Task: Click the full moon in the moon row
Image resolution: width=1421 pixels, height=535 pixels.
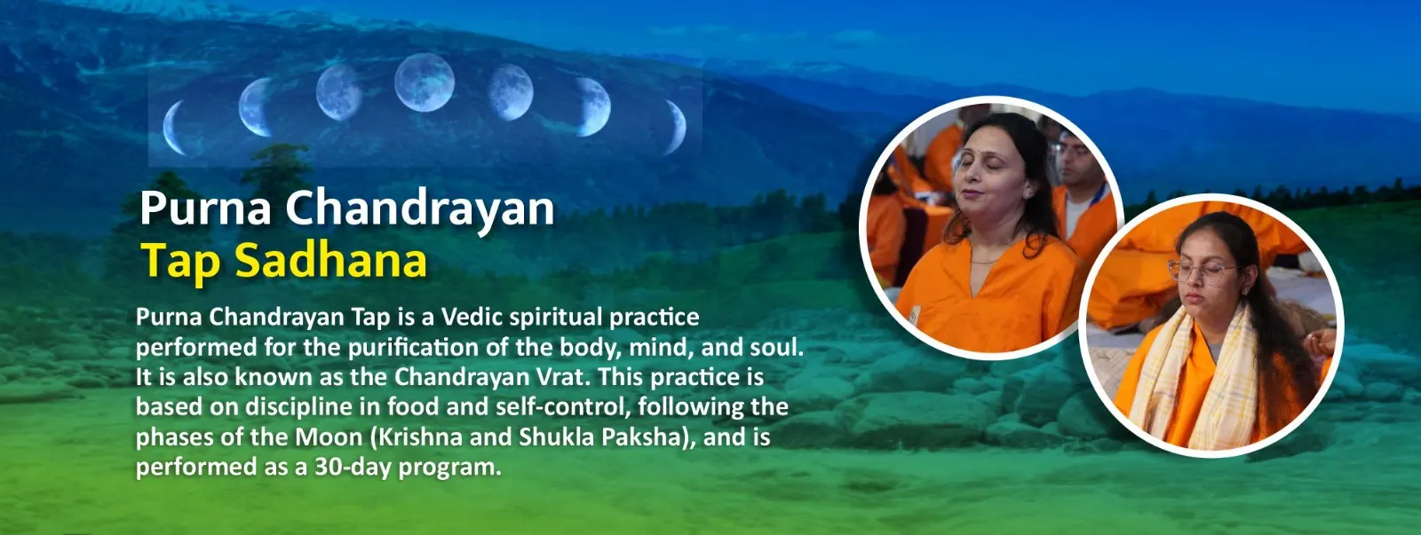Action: [425, 83]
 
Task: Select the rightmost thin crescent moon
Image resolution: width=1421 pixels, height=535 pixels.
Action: [676, 127]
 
